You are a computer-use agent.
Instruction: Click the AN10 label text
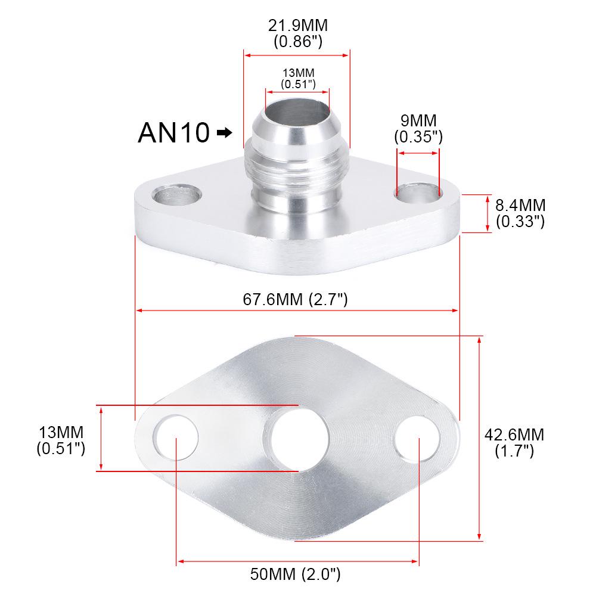pos(173,132)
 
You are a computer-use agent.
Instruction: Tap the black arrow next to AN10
pos(225,132)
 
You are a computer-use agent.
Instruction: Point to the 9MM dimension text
pos(418,120)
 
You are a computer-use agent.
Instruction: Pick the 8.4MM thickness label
pos(520,206)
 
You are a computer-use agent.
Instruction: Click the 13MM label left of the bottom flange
pos(61,432)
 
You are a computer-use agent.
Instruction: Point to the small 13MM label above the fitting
pos(298,73)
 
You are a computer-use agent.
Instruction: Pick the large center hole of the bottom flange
pos(297,439)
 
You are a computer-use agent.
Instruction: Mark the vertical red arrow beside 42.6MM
pos(480,438)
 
